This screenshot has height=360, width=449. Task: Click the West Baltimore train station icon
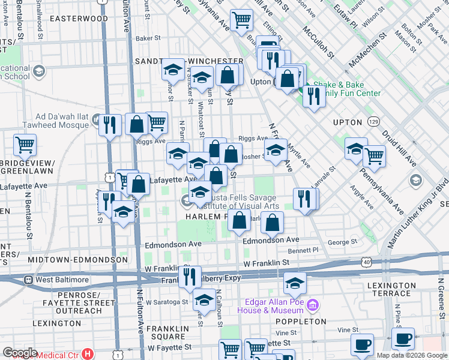pyautogui.click(x=28, y=280)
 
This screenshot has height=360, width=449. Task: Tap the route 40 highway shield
pyautogui.click(x=366, y=262)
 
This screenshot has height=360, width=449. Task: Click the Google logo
pyautogui.click(x=20, y=353)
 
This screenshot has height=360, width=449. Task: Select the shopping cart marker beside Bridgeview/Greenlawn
pyautogui.click(x=25, y=144)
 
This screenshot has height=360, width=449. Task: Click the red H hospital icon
pyautogui.click(x=88, y=354)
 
